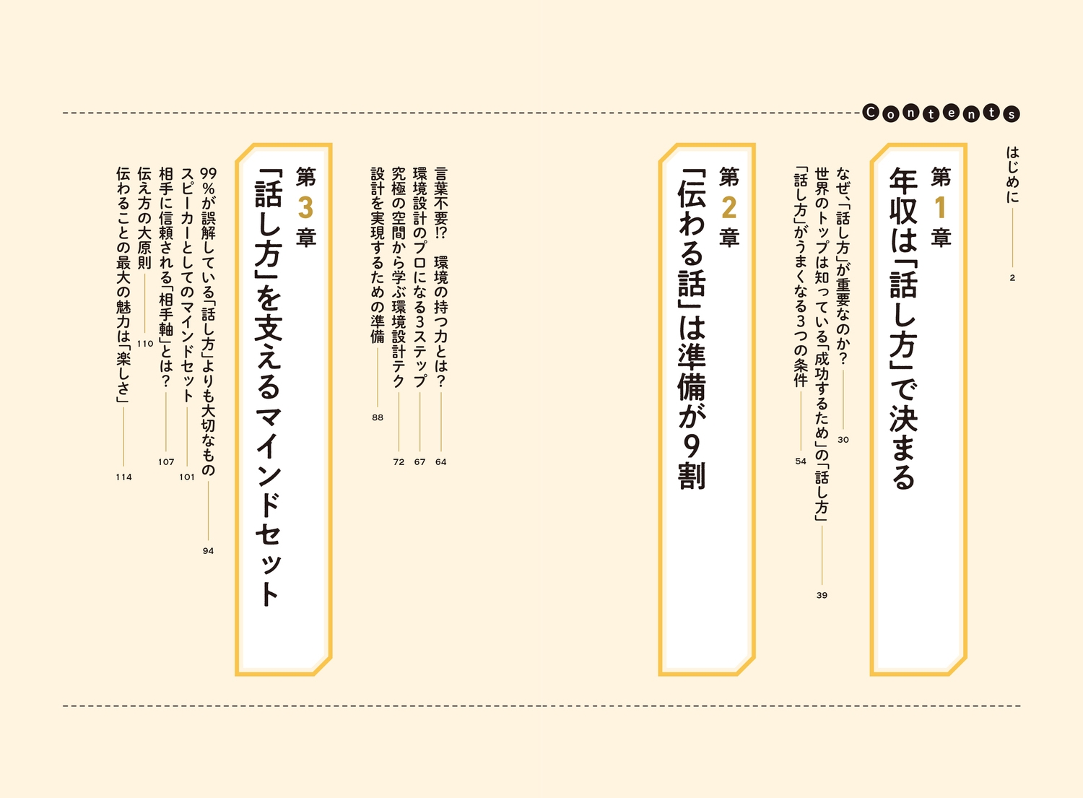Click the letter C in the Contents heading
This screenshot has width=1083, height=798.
click(871, 113)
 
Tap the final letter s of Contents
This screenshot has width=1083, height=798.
click(1012, 115)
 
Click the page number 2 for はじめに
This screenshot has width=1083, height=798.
click(1012, 278)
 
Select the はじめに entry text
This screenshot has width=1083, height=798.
click(1012, 175)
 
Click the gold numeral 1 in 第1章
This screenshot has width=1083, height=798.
click(940, 207)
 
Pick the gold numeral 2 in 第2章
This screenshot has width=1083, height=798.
click(728, 207)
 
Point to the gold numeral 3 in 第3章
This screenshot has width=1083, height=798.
click(305, 207)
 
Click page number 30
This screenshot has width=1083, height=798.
click(843, 440)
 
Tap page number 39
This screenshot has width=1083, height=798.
click(822, 595)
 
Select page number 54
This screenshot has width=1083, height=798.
click(801, 461)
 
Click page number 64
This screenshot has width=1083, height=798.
click(441, 462)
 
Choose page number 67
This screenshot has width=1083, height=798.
click(419, 462)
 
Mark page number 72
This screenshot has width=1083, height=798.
click(399, 462)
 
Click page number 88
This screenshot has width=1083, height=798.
click(378, 417)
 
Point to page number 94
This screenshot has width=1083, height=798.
click(209, 551)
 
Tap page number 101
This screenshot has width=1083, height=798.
click(187, 477)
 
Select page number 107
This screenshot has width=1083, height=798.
click(166, 462)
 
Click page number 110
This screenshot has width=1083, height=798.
click(145, 344)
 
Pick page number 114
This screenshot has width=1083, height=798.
click(123, 477)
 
